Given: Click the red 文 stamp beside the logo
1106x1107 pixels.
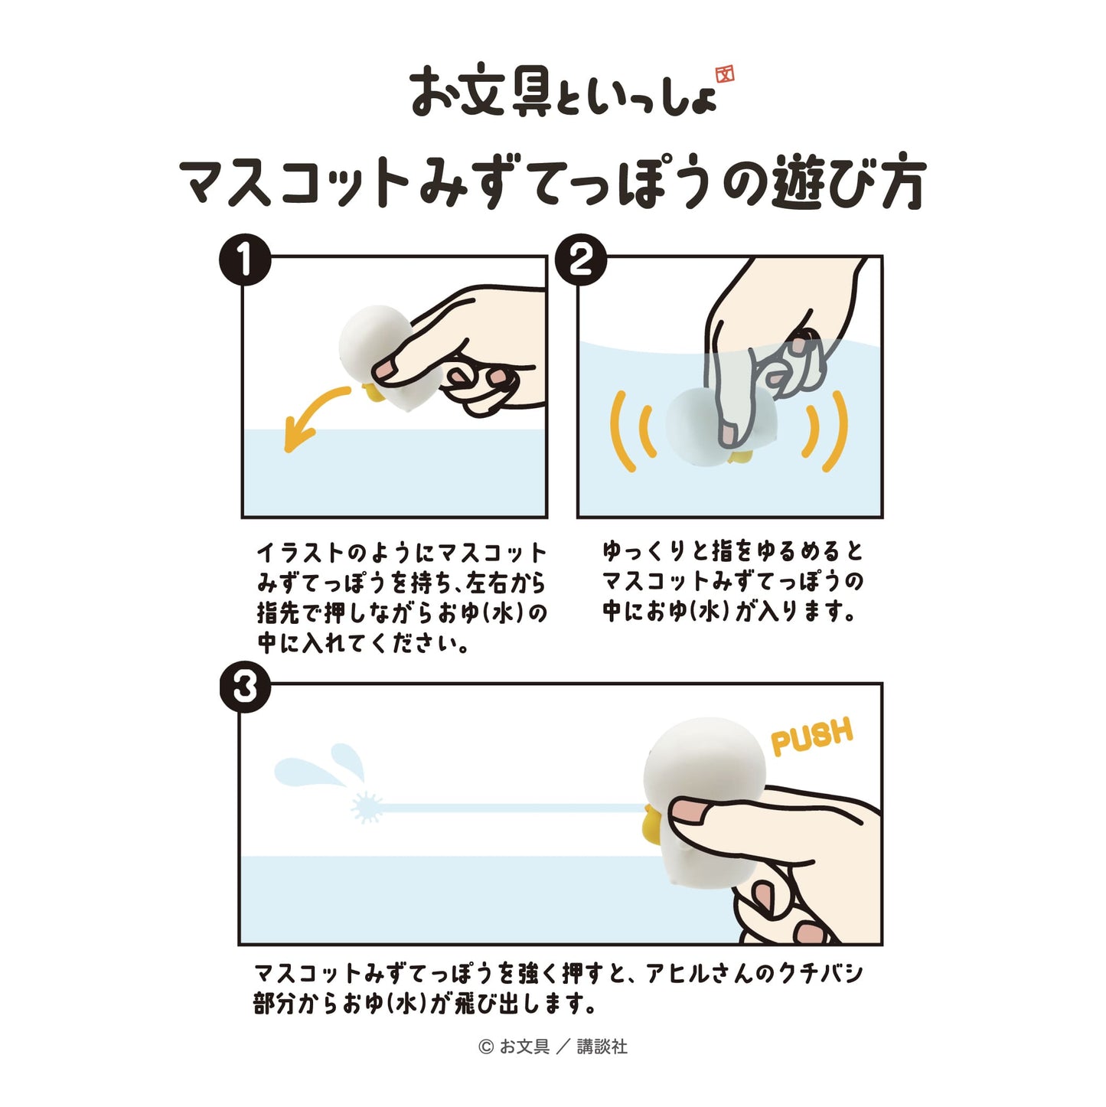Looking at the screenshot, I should [724, 73].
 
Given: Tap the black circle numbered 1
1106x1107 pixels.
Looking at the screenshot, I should [246, 260].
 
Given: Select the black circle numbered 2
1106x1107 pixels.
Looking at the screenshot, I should [581, 260].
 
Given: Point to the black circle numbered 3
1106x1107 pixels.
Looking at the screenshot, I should [246, 687].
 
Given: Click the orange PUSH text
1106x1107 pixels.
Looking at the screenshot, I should [811, 736].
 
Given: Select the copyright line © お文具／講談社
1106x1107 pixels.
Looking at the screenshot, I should [553, 1047].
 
